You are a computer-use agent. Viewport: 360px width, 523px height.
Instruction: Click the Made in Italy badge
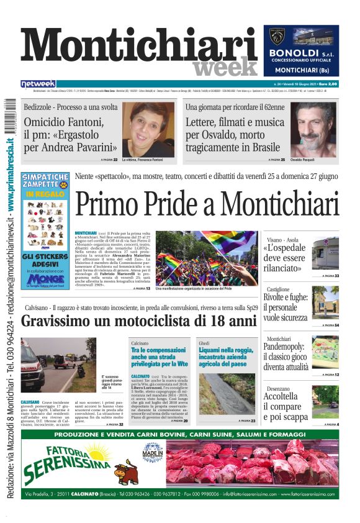pos(153,452)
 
